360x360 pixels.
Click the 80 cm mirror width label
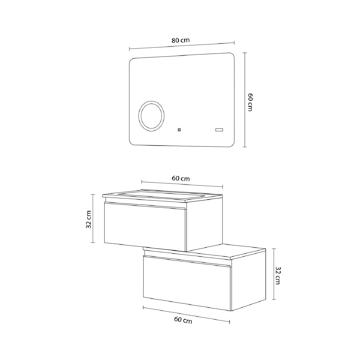181,40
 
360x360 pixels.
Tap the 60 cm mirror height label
250,102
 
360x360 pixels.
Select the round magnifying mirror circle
151,116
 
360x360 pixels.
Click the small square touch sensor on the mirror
179,130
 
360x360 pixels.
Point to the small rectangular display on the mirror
219,130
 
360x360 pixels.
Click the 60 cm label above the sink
181,178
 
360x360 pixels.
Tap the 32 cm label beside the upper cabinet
89,219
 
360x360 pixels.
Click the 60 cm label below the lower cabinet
183,320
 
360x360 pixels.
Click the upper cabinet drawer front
145,227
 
